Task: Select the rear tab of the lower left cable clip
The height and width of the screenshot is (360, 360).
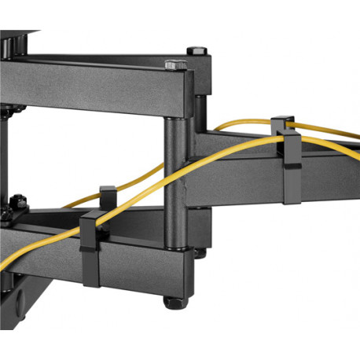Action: tap(107, 193)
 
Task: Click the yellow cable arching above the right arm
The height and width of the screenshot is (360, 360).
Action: tap(236, 123)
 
